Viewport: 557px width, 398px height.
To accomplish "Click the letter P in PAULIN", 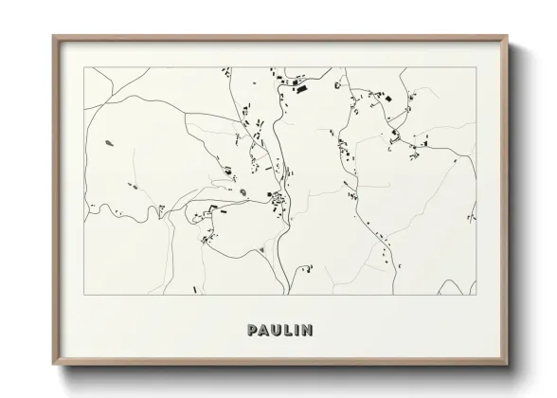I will tap(252, 331).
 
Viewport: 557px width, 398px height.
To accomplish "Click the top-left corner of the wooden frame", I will tap(53, 37).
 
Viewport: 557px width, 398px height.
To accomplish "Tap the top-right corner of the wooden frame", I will tap(507, 37).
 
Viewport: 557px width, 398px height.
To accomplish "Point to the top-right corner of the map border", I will tap(476, 67).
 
